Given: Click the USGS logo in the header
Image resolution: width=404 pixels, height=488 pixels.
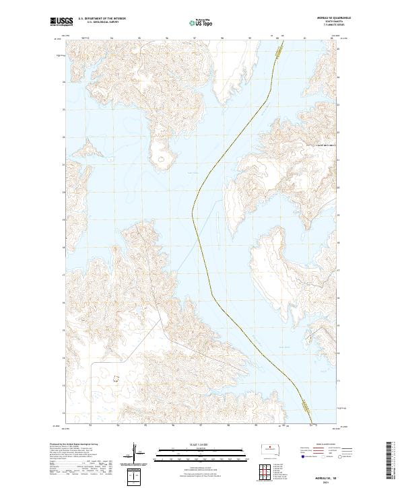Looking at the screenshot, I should coord(61,22).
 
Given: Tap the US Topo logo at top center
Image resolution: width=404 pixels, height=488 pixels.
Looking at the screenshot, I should coord(194,22).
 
